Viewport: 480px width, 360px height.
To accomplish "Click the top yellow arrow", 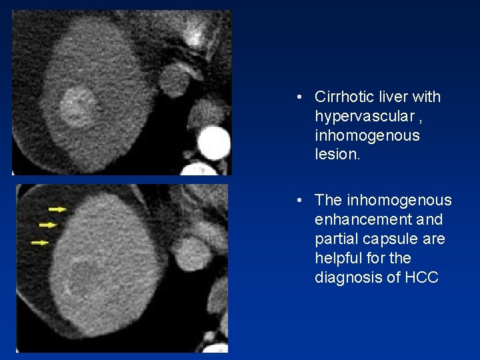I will (x=58, y=209).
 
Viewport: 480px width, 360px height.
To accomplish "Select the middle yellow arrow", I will (x=48, y=225).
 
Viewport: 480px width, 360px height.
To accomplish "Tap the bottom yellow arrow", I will (x=40, y=243).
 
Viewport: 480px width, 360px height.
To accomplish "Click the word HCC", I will (x=422, y=277).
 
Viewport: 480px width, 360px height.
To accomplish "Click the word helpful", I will (x=338, y=258).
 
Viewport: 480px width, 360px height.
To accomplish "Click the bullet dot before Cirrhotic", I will (x=302, y=97).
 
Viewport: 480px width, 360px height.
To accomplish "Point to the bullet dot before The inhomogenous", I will (x=302, y=201).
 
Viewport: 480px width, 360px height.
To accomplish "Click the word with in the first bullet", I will (x=427, y=97).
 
